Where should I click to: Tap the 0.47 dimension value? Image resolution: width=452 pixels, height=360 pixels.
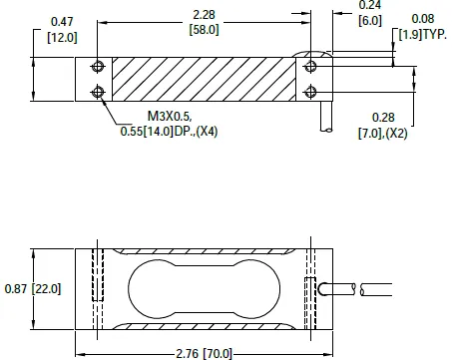(60, 21)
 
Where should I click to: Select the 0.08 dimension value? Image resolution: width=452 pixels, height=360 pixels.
(423, 19)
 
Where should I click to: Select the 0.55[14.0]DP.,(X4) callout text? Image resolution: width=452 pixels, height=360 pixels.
(169, 130)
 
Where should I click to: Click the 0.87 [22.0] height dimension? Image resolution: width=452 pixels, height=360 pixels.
(34, 288)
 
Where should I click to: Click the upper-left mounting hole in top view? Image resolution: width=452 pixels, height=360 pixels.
(97, 67)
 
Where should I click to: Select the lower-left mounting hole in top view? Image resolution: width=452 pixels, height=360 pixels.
(97, 93)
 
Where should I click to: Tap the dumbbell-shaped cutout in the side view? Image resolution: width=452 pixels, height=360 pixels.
(203, 288)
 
